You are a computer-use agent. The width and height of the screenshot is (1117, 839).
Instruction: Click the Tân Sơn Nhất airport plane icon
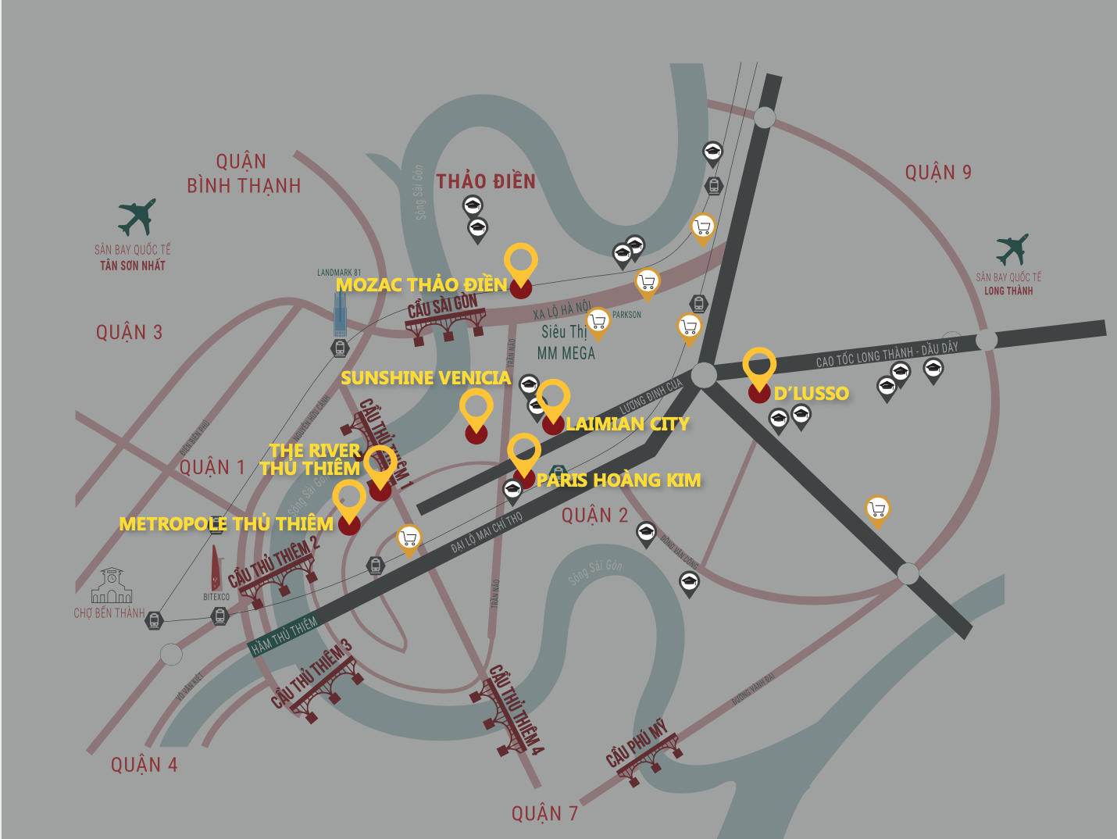pos(137,216)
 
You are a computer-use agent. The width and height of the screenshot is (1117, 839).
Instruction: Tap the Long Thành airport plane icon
pos(1012,250)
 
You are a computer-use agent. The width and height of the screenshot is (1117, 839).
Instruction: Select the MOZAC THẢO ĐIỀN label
pos(421,285)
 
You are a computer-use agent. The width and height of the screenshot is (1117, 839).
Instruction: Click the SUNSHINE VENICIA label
pos(426,378)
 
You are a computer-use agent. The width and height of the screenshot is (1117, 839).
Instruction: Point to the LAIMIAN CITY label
pos(627,424)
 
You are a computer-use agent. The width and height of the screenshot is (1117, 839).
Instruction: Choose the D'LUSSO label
pos(811,393)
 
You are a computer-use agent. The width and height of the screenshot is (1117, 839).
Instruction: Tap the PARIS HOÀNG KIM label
pos(619,480)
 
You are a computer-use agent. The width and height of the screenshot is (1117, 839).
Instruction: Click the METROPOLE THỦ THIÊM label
pos(226,523)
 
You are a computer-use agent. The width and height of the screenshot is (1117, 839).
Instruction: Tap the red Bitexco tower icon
pos(216,568)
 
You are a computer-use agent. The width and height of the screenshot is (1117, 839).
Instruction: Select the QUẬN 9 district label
pos(938,173)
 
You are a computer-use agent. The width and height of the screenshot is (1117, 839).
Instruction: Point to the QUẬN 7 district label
pos(544,814)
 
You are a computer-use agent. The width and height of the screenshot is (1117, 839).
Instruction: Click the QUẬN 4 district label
pos(144,765)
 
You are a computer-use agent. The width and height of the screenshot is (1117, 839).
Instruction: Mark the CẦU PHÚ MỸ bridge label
pos(637,744)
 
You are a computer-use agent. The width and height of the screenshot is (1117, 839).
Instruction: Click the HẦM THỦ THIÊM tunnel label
pos(284,635)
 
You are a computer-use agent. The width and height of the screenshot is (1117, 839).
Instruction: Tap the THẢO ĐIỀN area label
pos(486,182)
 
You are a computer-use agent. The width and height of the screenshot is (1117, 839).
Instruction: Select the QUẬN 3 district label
pos(129,333)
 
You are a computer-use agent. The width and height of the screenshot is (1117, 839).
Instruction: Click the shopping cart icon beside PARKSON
pos(598,321)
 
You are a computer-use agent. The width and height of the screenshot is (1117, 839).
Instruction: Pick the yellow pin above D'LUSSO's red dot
pos(759,365)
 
